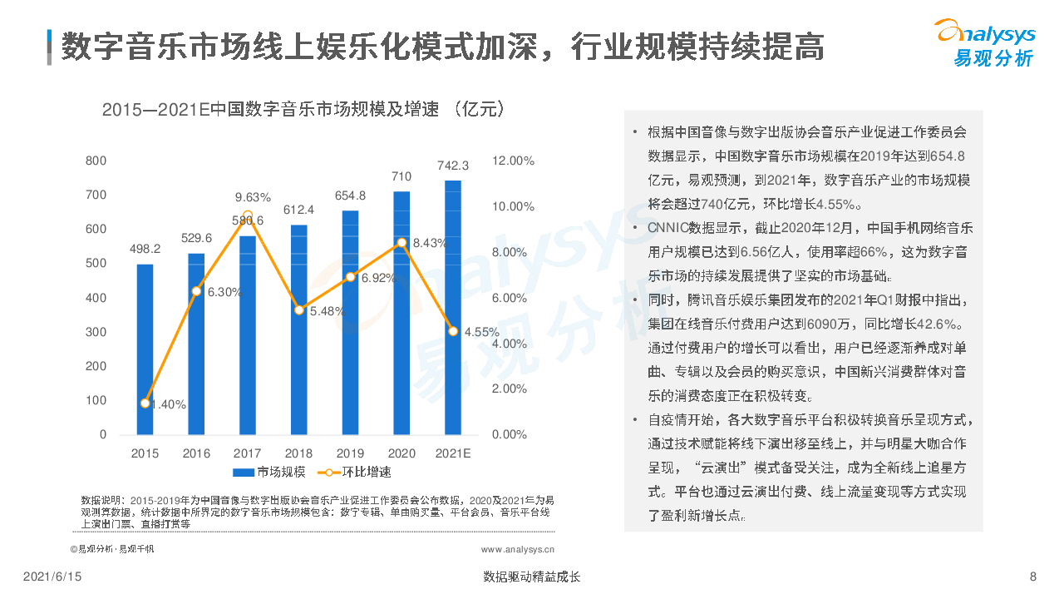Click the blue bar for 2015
click(x=145, y=349)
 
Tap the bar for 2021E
click(x=453, y=308)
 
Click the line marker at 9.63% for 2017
click(x=248, y=214)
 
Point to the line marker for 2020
click(x=401, y=242)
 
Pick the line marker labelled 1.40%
click(x=145, y=403)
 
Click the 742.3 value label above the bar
click(x=453, y=165)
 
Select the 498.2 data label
click(x=145, y=248)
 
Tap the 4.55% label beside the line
click(x=481, y=331)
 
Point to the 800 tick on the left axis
click(x=96, y=161)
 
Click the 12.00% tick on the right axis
click(x=513, y=161)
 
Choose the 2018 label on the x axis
click(x=299, y=453)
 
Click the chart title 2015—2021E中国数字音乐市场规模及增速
click(x=303, y=110)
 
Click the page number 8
click(x=1033, y=577)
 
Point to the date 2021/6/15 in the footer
click(x=52, y=577)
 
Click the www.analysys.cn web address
click(x=518, y=549)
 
